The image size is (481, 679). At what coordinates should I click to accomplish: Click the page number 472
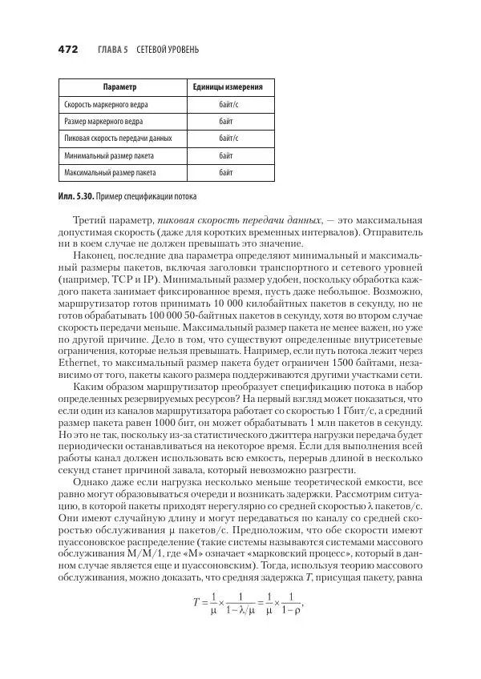[x=67, y=50]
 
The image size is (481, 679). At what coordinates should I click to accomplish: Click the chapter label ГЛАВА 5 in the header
[x=113, y=50]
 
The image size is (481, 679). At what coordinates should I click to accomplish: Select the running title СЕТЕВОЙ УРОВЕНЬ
[x=168, y=50]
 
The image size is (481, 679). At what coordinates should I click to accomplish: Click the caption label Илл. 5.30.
[x=77, y=196]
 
